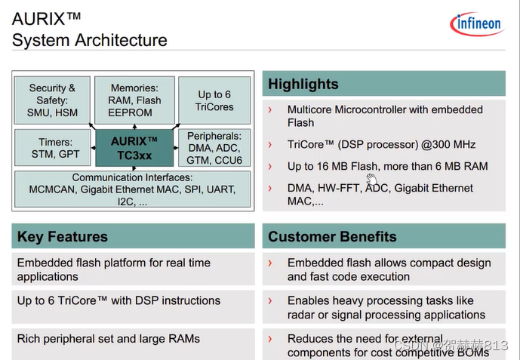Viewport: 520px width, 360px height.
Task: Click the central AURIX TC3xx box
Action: pyautogui.click(x=134, y=148)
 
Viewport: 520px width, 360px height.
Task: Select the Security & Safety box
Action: pyautogui.click(x=52, y=100)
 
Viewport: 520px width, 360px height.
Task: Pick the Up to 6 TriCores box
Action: pyautogui.click(x=215, y=100)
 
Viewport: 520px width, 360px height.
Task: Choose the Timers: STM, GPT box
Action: pyautogui.click(x=52, y=148)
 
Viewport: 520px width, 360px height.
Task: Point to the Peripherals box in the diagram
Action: pyautogui.click(x=214, y=148)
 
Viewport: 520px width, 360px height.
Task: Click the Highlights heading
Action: pyautogui.click(x=303, y=84)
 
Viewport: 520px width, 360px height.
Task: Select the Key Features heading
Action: pyautogui.click(x=63, y=237)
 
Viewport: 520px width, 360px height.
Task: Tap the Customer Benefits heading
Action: pyautogui.click(x=332, y=237)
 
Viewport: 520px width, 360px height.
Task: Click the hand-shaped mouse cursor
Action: pyautogui.click(x=371, y=179)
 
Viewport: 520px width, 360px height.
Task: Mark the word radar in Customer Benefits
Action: pyautogui.click(x=301, y=315)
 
